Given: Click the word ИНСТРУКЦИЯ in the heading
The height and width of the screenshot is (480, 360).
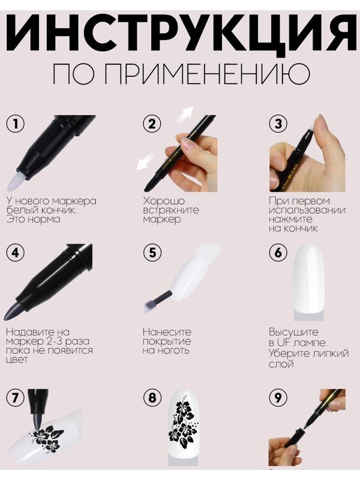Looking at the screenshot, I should [x=180, y=33].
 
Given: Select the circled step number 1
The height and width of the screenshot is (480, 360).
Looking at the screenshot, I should [x=16, y=124].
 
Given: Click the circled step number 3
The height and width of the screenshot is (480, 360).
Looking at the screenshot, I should [x=278, y=124].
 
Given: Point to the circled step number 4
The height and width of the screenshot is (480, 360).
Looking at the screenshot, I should [x=16, y=253].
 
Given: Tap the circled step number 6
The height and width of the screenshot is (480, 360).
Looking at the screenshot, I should [x=278, y=253].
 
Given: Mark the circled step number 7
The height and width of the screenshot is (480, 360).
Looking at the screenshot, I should [x=16, y=397].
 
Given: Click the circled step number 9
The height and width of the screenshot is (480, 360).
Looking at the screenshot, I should [x=278, y=397].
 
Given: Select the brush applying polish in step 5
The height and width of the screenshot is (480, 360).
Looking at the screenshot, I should [x=152, y=296].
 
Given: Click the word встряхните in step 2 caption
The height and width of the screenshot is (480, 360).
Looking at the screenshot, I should [x=171, y=210].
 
